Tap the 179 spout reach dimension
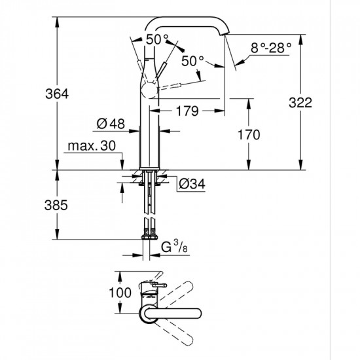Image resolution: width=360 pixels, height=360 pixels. coord(187,112)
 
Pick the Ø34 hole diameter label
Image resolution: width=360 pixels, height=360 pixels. coord(192,185)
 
